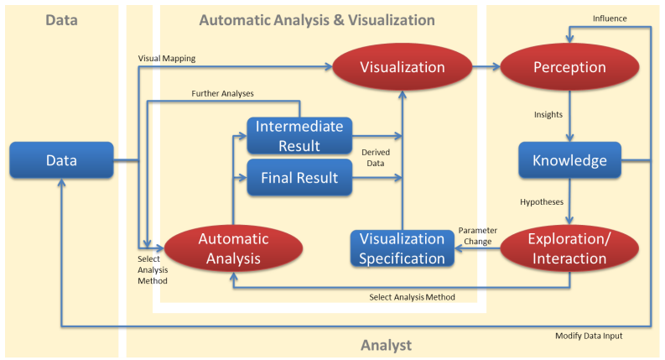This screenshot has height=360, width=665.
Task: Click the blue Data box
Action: [62, 159]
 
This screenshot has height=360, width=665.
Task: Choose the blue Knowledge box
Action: [569, 159]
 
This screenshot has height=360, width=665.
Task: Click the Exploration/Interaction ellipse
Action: [569, 248]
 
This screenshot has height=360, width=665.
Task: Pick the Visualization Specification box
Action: [402, 248]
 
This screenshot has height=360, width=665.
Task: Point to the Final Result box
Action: [299, 178]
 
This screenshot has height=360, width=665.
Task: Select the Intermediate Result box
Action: [299, 136]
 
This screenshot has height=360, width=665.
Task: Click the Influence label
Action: [610, 18]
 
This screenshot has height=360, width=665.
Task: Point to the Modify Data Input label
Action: [589, 336]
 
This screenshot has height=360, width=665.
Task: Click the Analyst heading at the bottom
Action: [386, 345]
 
